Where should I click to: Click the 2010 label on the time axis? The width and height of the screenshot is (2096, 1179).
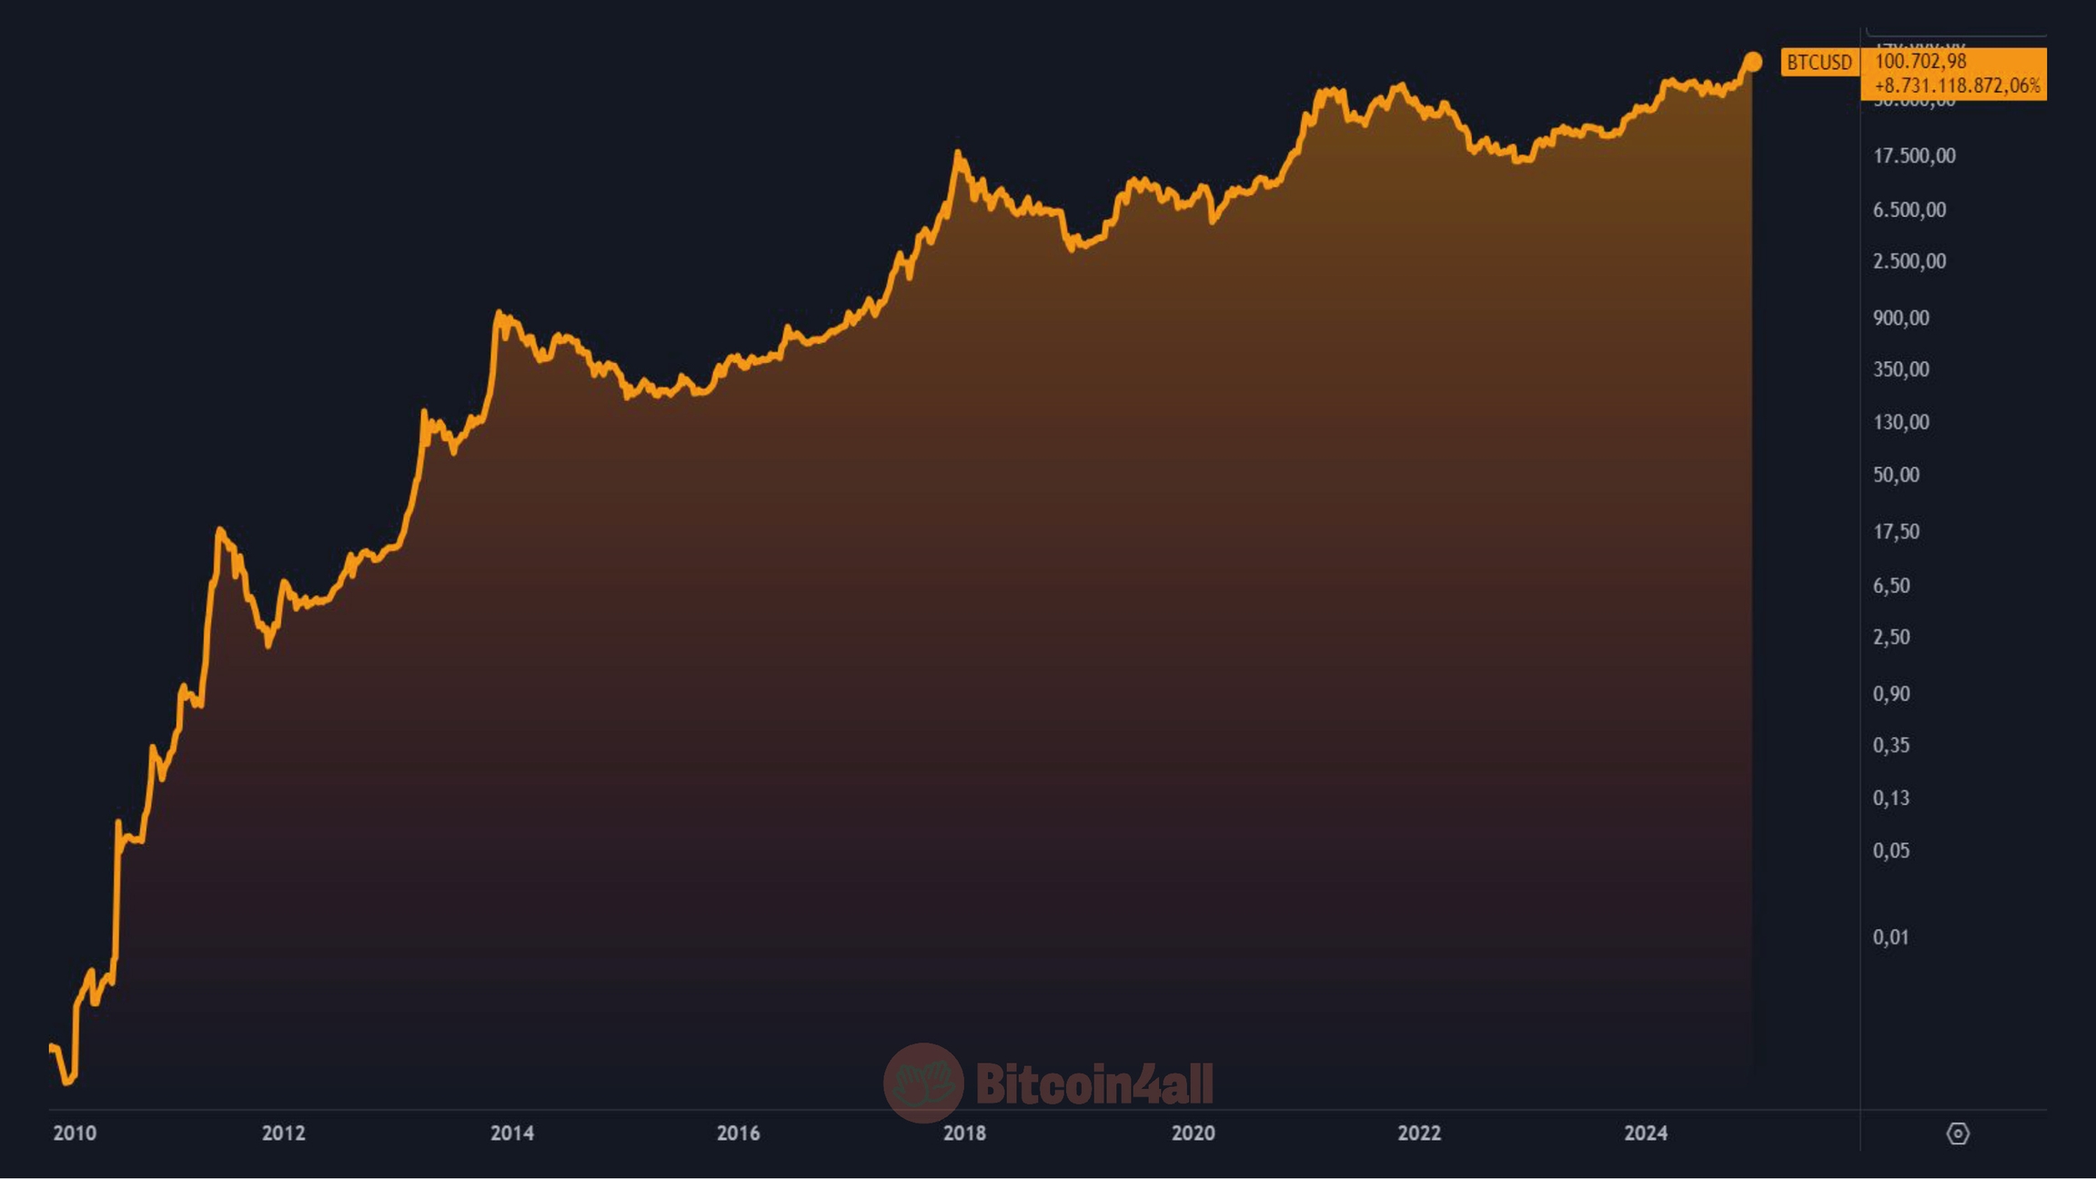[75, 1133]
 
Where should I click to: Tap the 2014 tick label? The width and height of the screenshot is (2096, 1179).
[512, 1133]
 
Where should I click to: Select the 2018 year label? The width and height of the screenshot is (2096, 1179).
[964, 1133]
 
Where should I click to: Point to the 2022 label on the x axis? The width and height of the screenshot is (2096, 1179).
[1419, 1133]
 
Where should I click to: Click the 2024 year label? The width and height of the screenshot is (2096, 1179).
[1646, 1133]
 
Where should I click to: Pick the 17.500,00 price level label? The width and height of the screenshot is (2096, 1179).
[1914, 156]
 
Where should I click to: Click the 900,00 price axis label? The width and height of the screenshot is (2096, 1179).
[1900, 317]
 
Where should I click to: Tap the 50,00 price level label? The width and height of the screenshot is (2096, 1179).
[1896, 474]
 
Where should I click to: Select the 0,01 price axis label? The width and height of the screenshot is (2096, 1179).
[1890, 937]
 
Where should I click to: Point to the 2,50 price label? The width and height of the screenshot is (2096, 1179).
[1890, 637]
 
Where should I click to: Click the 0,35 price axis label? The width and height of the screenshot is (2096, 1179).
[1890, 745]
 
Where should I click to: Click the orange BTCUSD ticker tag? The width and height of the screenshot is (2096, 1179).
[1819, 62]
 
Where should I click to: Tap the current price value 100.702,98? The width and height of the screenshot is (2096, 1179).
[1920, 61]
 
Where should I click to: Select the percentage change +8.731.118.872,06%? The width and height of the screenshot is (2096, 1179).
[1957, 86]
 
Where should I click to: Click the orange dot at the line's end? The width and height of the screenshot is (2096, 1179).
[1752, 62]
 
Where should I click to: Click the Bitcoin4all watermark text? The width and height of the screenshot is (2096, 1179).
[1094, 1083]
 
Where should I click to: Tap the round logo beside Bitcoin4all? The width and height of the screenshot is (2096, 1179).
[923, 1083]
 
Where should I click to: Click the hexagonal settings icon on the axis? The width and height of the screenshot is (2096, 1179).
[1958, 1134]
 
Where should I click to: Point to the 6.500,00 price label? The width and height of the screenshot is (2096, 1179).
[1909, 209]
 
